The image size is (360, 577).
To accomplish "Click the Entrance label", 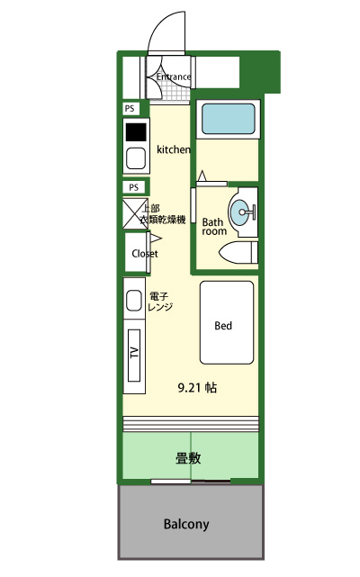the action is [174, 77].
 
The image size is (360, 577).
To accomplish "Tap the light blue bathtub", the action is [229, 119].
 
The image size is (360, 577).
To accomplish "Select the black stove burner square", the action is [136, 132].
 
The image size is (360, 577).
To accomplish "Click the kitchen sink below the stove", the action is [136, 158].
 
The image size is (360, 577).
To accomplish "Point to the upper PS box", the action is [130, 109].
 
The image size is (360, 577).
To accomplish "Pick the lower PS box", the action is [134, 187].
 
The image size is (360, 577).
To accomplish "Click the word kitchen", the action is [174, 149].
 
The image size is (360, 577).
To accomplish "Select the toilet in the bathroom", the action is [238, 252].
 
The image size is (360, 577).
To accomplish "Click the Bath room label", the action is [214, 227].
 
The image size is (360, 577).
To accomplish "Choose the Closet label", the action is [145, 254].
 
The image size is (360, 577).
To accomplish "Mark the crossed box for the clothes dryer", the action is [135, 213].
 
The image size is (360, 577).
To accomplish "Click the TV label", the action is [134, 353].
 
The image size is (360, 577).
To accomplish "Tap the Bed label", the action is [223, 326].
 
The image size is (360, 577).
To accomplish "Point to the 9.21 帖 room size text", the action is [197, 387].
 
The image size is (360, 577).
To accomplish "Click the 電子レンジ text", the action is [160, 302].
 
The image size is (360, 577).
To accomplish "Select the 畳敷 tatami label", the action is [188, 458].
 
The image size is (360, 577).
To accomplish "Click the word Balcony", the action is [186, 524].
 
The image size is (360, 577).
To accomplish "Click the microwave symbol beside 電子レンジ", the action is [134, 301].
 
